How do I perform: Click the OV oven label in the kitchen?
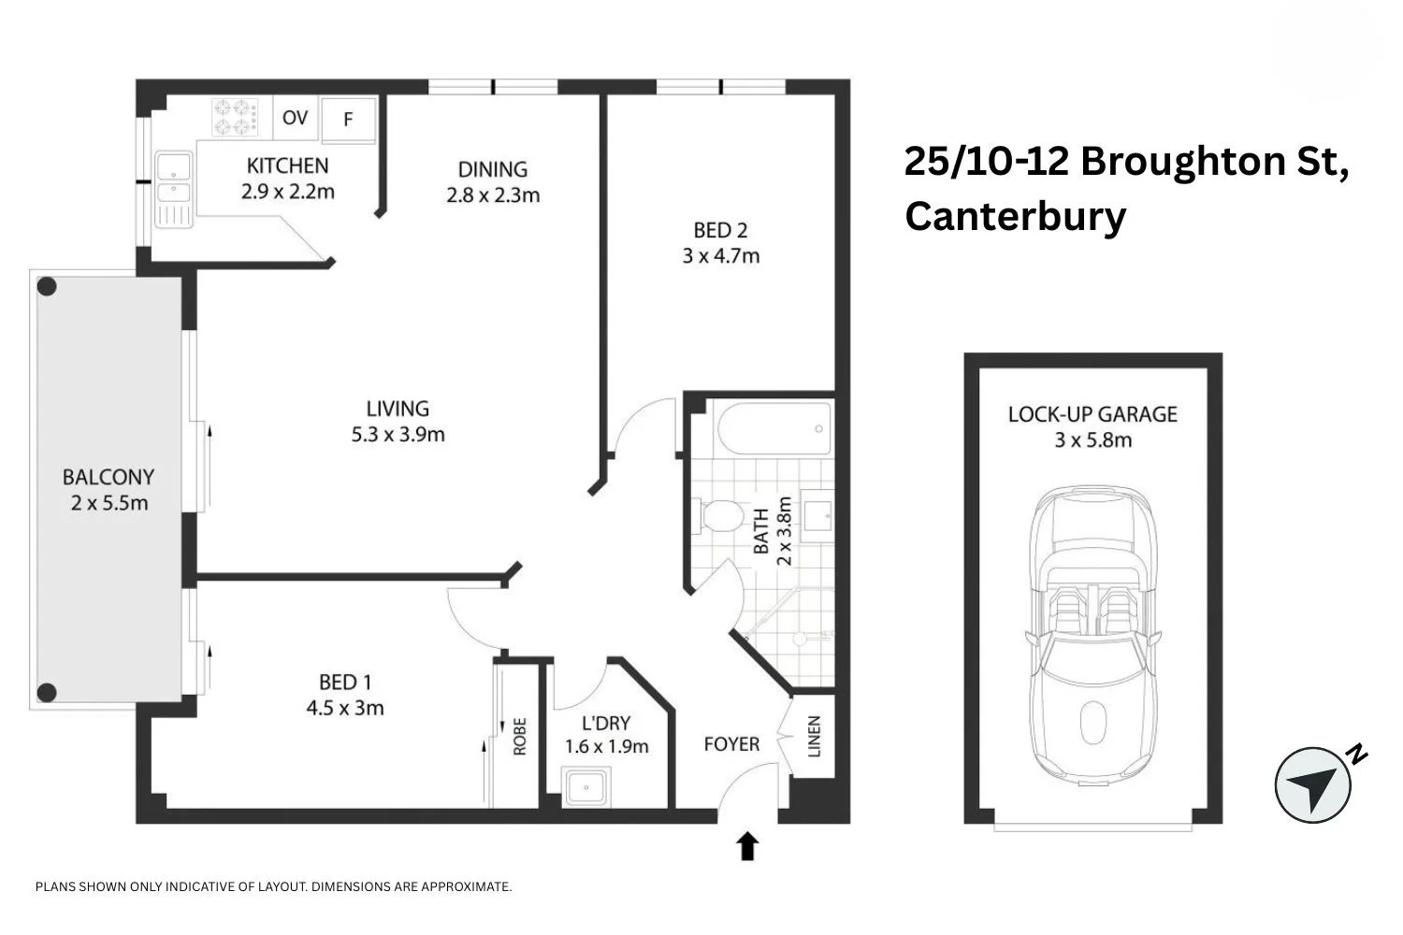pyautogui.click(x=295, y=118)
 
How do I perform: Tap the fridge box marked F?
pyautogui.click(x=348, y=120)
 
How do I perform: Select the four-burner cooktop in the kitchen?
pyautogui.click(x=234, y=118)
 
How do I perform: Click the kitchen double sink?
pyautogui.click(x=174, y=180)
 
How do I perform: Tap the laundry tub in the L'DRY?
pyautogui.click(x=587, y=787)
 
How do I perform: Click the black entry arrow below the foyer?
pyautogui.click(x=747, y=845)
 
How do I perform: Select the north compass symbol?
pyautogui.click(x=1314, y=784)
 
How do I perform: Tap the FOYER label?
pyautogui.click(x=731, y=744)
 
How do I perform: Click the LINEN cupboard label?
pyautogui.click(x=814, y=737)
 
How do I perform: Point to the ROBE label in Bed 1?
pyautogui.click(x=520, y=736)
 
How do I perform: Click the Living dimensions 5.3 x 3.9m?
pyautogui.click(x=398, y=435)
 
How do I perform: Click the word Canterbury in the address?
pyautogui.click(x=1015, y=216)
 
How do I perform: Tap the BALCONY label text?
pyautogui.click(x=108, y=477)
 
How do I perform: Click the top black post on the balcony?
pyautogui.click(x=47, y=286)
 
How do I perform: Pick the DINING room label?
pyautogui.click(x=492, y=169)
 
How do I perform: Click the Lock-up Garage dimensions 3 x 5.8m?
pyautogui.click(x=1092, y=440)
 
